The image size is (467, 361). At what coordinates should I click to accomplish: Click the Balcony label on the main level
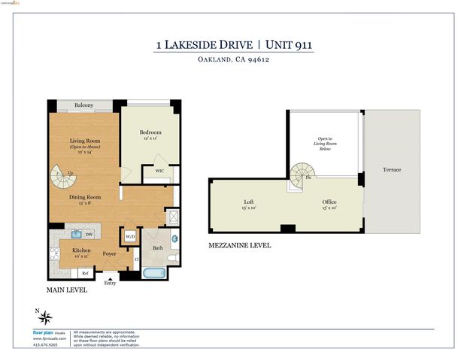click(83, 106)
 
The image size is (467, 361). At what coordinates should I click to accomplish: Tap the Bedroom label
click(150, 132)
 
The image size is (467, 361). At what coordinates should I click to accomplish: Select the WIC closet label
click(159, 170)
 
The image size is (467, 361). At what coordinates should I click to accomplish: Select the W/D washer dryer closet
click(129, 236)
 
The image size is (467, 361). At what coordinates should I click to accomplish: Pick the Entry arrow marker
click(111, 278)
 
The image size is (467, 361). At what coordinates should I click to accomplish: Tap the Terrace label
click(391, 170)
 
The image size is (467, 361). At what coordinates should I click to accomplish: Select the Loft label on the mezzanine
click(249, 202)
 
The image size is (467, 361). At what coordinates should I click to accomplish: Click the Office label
click(329, 202)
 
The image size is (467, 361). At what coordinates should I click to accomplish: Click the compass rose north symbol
click(44, 317)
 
